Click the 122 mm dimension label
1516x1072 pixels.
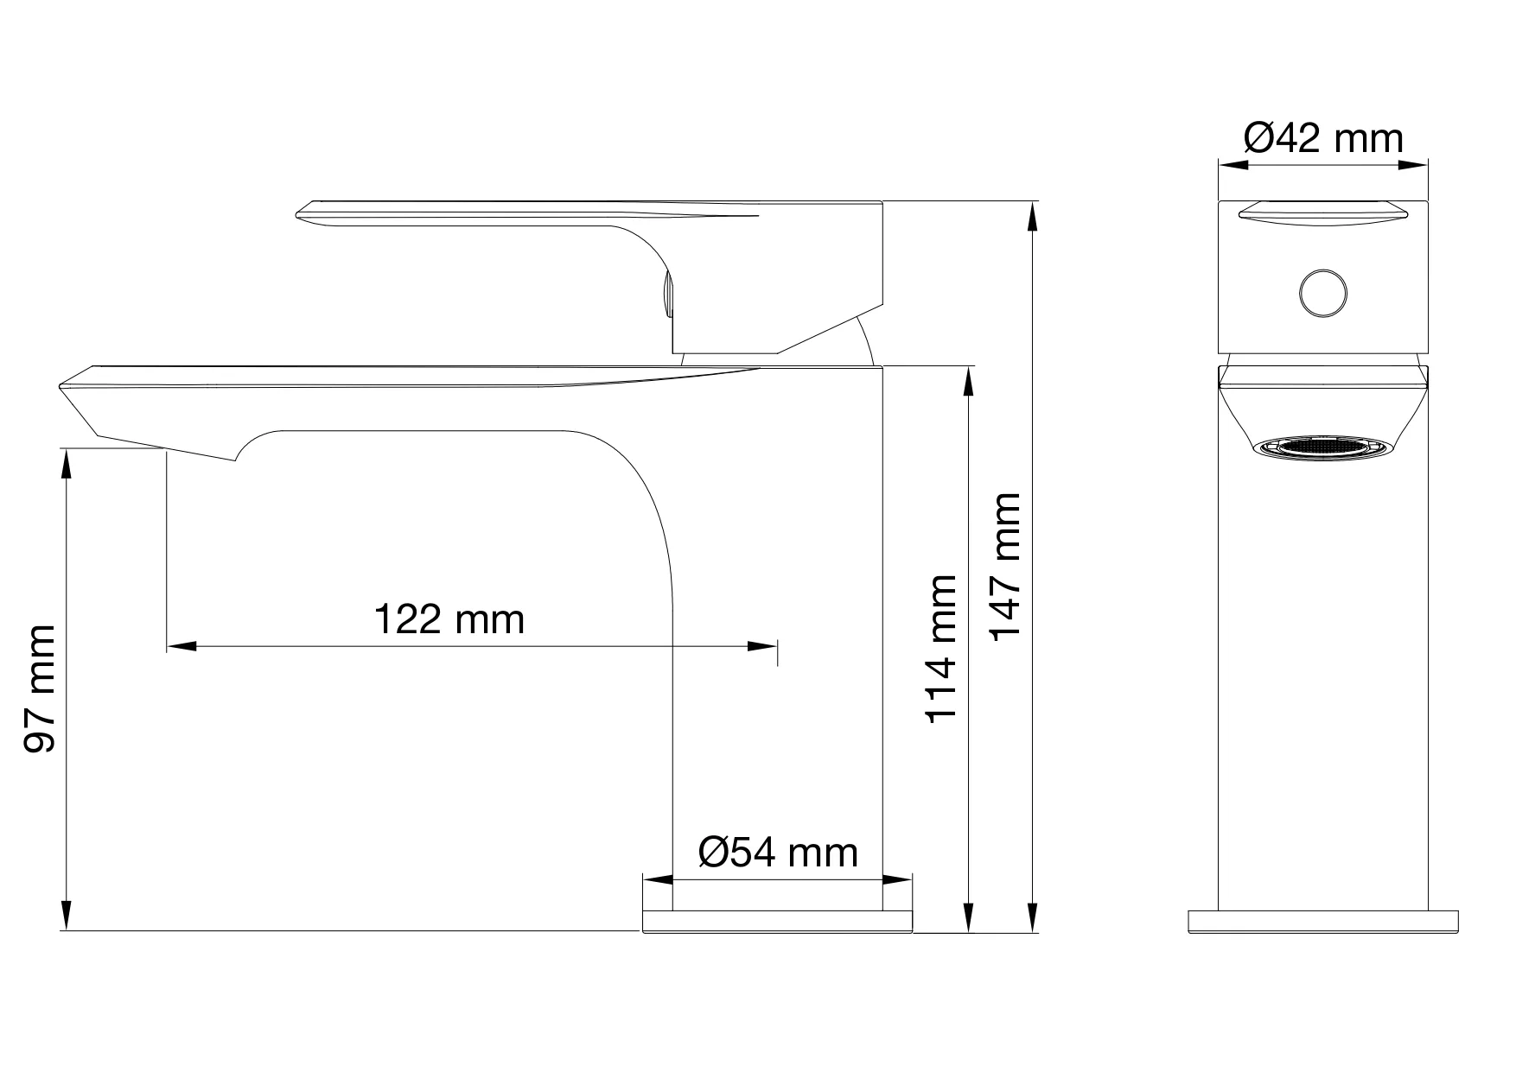tap(449, 619)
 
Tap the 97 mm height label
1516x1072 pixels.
tap(40, 689)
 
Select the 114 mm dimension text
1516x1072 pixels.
tap(941, 648)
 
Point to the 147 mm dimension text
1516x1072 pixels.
tap(1005, 566)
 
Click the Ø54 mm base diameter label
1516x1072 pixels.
tap(778, 853)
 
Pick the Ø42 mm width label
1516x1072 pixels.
tap(1323, 138)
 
